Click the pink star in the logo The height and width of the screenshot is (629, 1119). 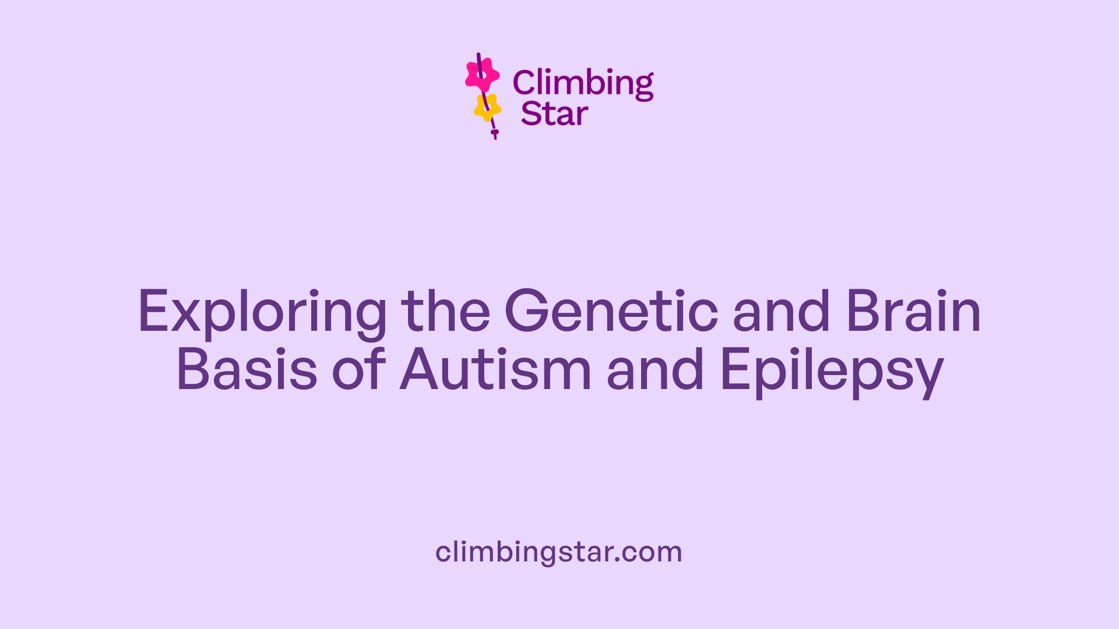[x=482, y=75]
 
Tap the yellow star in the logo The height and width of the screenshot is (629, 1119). [x=487, y=107]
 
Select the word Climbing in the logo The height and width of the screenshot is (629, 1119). [x=583, y=83]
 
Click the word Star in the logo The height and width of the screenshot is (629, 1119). [x=554, y=114]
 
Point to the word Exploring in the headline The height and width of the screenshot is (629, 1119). [x=262, y=313]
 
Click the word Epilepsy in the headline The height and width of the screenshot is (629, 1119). [x=832, y=371]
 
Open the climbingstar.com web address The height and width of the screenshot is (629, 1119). [x=558, y=552]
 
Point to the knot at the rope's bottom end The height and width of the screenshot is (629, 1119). [x=495, y=133]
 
